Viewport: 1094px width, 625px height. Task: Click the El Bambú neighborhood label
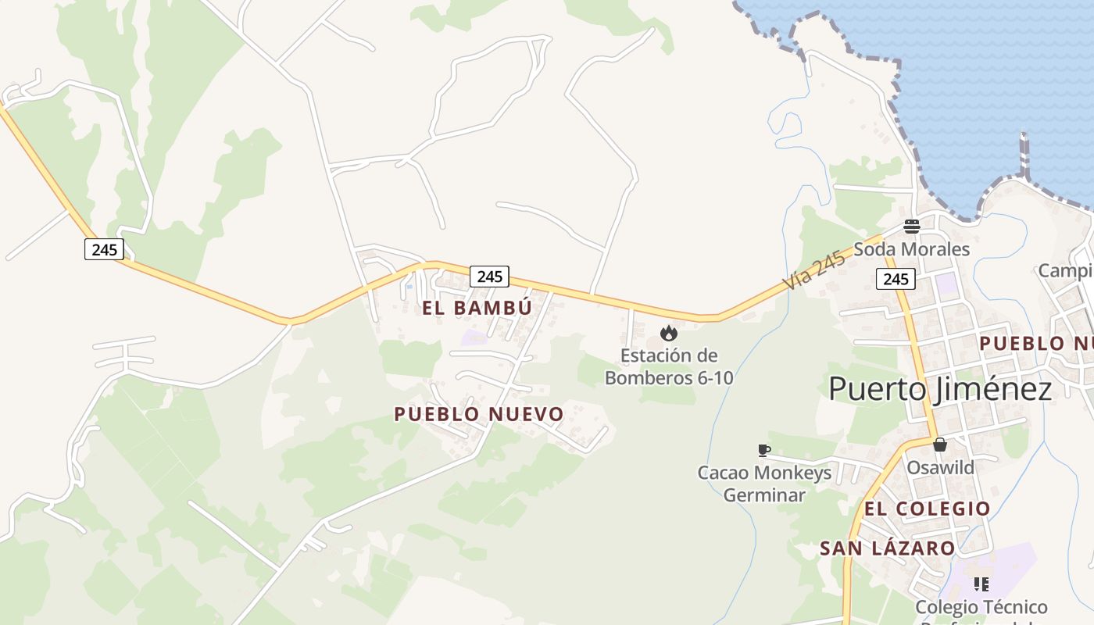click(477, 308)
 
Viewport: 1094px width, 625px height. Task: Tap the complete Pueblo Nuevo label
click(478, 414)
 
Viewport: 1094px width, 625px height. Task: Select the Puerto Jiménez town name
click(940, 388)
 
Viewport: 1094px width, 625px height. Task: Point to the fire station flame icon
click(668, 334)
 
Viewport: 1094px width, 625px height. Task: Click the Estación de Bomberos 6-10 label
click(669, 366)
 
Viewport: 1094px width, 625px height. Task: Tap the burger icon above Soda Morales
click(912, 227)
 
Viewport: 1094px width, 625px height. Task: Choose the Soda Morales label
click(911, 249)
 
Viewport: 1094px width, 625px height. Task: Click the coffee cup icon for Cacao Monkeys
click(764, 450)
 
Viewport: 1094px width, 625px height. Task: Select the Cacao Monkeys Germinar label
click(764, 484)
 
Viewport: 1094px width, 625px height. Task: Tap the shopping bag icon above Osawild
click(940, 445)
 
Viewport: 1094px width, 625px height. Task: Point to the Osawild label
click(940, 467)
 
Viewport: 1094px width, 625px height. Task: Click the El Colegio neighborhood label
click(927, 509)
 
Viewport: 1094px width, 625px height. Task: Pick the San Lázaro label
click(887, 548)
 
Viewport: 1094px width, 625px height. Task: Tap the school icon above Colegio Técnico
click(981, 584)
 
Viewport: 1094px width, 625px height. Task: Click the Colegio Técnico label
click(981, 607)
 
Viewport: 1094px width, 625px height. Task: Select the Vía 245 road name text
click(813, 271)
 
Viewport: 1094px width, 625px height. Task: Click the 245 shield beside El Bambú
click(489, 276)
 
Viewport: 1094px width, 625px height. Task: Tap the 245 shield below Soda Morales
click(896, 279)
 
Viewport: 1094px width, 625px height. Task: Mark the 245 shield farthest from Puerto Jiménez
click(104, 249)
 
